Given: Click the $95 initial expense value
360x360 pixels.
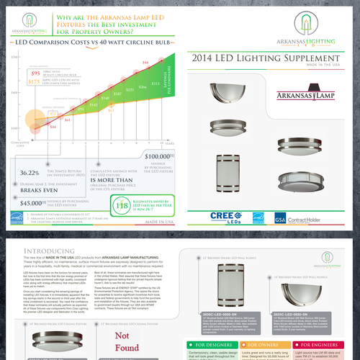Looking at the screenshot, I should (x=35, y=73).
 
